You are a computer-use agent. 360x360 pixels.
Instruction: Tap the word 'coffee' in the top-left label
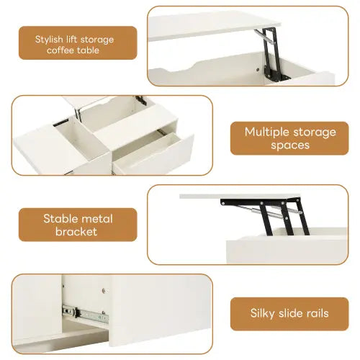point(62,50)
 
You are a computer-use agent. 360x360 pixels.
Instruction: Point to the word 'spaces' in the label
point(289,145)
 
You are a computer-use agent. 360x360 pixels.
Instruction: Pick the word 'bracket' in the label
point(77,231)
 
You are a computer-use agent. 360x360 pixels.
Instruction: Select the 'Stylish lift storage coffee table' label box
point(77,43)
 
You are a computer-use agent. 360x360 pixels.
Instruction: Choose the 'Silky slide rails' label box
point(289,313)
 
